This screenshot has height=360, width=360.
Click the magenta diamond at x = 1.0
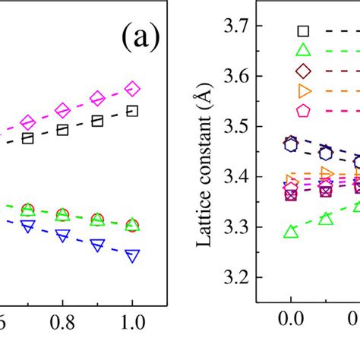132,90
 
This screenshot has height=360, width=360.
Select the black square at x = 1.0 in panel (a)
132,112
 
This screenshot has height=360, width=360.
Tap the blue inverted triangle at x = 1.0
132,256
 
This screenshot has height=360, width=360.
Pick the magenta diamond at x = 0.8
62,109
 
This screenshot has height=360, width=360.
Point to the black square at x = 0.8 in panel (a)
62,130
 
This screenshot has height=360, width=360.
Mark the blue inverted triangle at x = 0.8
62,236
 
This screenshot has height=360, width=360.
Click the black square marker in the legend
303,31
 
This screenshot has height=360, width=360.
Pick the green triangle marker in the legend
303,51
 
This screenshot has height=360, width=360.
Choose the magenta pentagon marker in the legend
303,111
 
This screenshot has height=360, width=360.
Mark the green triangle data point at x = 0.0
290,232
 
